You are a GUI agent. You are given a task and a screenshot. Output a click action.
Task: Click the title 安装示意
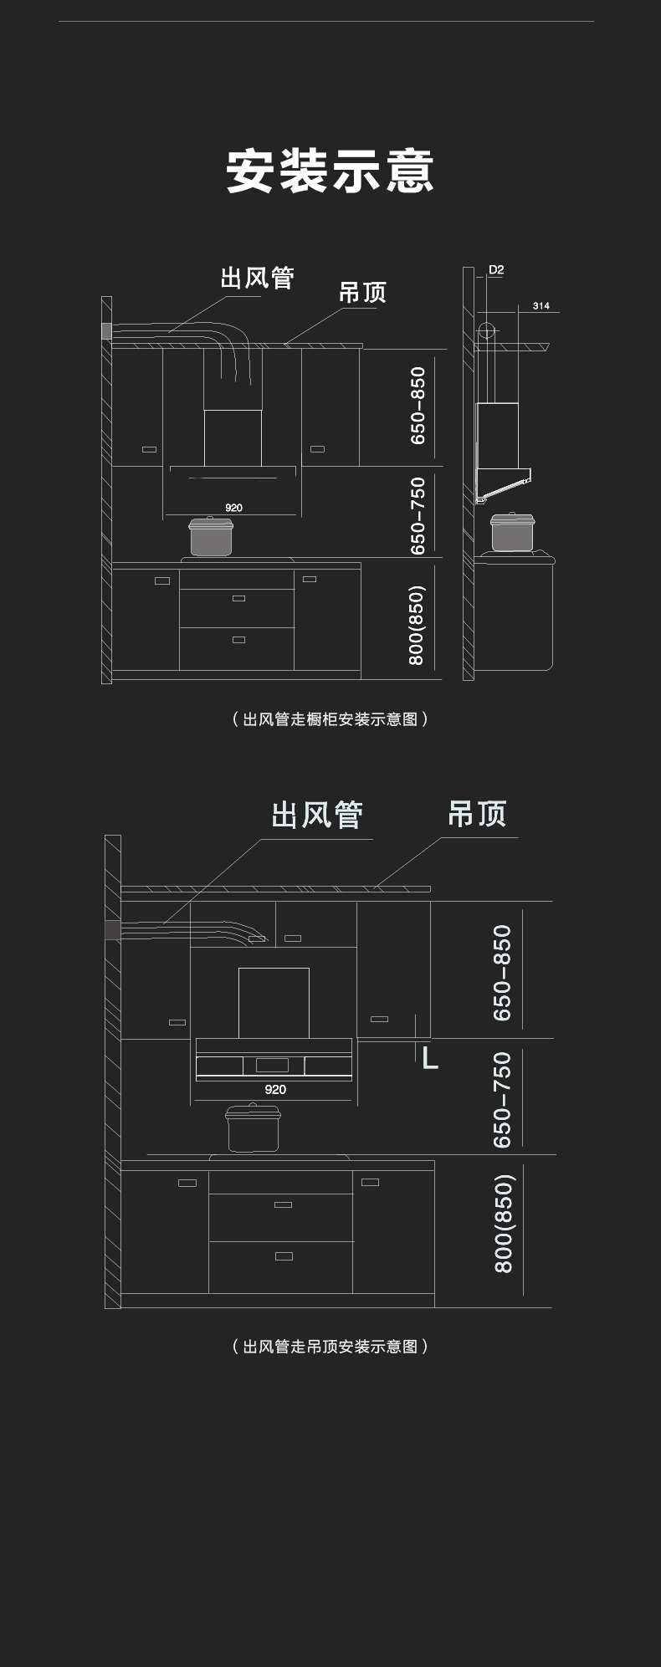click(330, 171)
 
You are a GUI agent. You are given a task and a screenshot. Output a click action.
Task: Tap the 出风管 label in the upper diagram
click(257, 278)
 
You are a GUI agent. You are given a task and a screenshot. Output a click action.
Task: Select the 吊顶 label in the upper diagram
click(362, 293)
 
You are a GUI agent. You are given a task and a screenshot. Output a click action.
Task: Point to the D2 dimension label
click(496, 270)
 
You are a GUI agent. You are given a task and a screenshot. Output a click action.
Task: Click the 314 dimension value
click(541, 306)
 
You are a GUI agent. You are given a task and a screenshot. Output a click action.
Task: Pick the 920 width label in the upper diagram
click(233, 508)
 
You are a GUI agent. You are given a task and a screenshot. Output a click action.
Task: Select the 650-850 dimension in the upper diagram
click(418, 406)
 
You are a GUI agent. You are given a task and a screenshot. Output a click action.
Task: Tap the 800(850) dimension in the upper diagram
click(417, 625)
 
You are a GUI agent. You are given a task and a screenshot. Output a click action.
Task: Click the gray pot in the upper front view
click(210, 536)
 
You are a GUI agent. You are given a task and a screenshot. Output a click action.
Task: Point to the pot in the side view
click(512, 532)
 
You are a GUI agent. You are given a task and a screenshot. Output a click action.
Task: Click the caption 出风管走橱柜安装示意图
click(330, 719)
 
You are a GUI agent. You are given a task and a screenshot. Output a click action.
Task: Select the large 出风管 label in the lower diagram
click(317, 815)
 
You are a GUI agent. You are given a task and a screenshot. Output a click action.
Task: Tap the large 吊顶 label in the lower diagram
click(477, 814)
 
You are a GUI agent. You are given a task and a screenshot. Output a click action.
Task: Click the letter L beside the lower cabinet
click(430, 1058)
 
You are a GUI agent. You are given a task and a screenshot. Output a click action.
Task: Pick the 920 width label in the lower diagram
click(274, 1089)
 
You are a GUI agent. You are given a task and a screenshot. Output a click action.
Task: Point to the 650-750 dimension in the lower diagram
click(502, 1100)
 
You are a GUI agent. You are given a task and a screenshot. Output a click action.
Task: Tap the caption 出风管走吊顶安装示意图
click(330, 1347)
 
